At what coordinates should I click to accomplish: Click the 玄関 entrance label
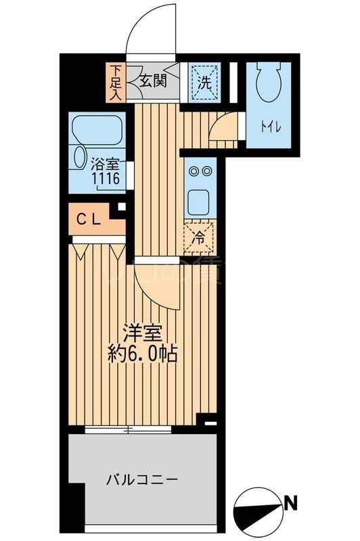pyautogui.click(x=154, y=80)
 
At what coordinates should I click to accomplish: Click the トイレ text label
pyautogui.click(x=269, y=126)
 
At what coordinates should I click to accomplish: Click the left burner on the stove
pyautogui.click(x=192, y=171)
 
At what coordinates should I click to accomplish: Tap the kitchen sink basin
pyautogui.click(x=200, y=199)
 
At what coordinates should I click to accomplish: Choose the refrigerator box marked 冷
pyautogui.click(x=199, y=237)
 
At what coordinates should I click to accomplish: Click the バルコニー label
pyautogui.click(x=141, y=481)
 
